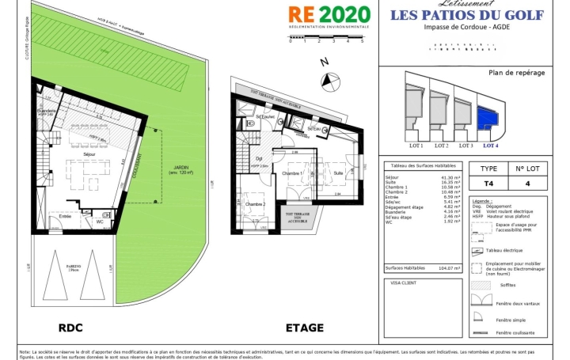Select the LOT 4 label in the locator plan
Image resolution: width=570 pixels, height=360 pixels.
[491, 145]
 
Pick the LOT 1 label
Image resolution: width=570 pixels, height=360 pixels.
[416, 145]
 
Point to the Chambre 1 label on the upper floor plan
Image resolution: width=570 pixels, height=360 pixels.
[293, 172]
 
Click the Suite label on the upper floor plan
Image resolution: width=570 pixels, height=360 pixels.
[338, 172]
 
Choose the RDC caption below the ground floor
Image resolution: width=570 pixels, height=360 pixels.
[70, 328]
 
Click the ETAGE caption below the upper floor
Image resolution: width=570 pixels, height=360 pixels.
[304, 328]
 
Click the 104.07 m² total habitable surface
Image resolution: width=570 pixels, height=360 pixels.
[449, 267]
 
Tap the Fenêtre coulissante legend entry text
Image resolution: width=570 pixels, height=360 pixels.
[516, 332]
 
